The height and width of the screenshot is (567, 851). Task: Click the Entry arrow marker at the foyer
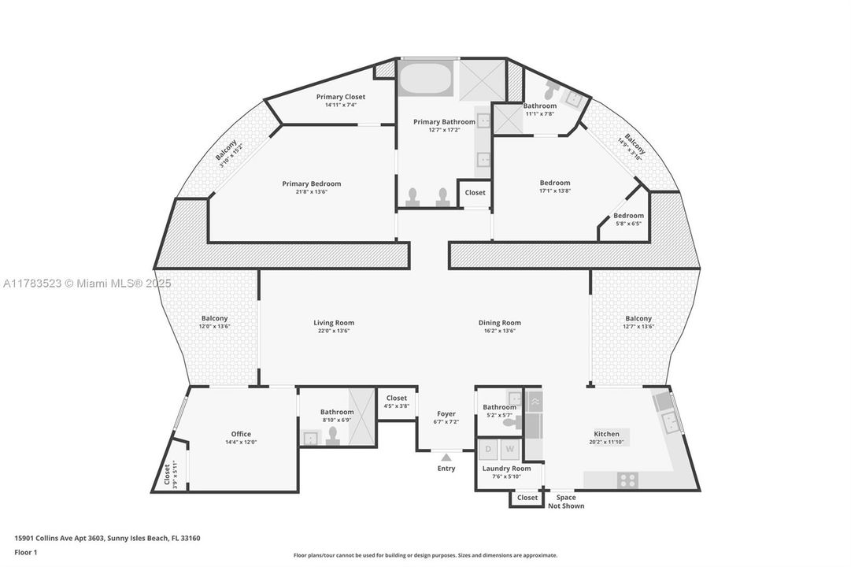[446, 456]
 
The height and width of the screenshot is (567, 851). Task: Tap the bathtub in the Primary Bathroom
[425, 80]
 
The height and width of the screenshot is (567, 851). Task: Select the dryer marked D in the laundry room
[489, 449]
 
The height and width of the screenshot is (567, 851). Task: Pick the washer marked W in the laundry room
[509, 449]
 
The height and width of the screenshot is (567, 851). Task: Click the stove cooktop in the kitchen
[627, 479]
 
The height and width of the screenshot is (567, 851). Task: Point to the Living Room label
[334, 322]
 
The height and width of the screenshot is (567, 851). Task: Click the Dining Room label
[499, 322]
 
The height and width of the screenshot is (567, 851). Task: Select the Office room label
[241, 434]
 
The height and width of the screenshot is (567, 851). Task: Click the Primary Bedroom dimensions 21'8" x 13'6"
[312, 192]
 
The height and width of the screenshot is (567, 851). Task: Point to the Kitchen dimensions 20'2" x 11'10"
[606, 443]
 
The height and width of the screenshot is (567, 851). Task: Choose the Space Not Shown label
[566, 502]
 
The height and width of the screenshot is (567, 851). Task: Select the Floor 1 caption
[25, 552]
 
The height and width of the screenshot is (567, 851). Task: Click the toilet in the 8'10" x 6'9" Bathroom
[332, 436]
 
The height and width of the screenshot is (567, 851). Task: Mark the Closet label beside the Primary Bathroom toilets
[475, 192]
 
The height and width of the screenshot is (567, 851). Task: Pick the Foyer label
[446, 413]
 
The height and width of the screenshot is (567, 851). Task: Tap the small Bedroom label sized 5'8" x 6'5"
[628, 215]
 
